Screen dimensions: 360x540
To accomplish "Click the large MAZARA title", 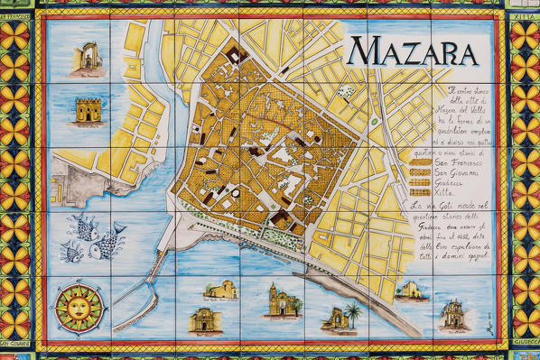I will [412, 51].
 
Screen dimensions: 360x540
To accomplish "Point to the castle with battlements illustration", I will [88, 113].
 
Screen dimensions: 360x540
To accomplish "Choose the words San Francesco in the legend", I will [433, 168].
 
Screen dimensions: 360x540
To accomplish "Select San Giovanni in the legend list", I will [431, 180].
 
